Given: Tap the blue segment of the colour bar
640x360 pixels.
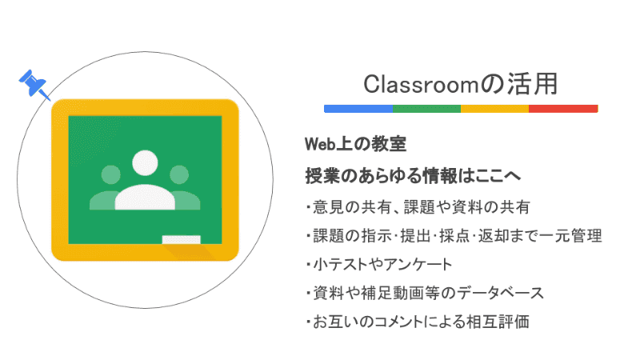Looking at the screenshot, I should pos(358,108).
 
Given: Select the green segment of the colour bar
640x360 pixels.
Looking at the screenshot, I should pos(427,108).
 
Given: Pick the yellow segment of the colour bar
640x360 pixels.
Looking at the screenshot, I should pos(494,108).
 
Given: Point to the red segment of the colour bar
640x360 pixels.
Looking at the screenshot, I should pos(563,108).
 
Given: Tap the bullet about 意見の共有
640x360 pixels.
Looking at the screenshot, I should pos(417,207).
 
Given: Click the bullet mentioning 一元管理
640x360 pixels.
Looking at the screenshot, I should pos(453,236).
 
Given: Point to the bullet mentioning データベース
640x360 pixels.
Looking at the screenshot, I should pos(424,294).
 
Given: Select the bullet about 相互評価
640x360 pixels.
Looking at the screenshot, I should pos(417,322).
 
